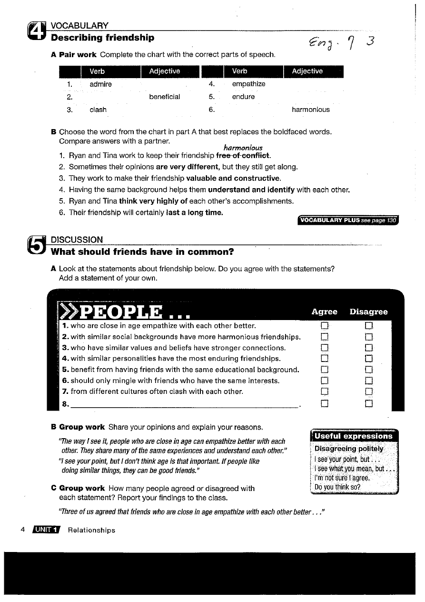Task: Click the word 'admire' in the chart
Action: point(101,84)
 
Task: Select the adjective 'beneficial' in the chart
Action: point(164,97)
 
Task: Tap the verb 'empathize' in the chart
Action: point(248,84)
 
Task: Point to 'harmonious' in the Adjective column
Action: point(310,110)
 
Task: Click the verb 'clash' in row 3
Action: point(98,110)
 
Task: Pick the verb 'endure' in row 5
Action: point(243,97)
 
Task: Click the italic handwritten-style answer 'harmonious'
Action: point(243,148)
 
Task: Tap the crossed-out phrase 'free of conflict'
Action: point(243,156)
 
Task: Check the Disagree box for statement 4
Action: point(368,359)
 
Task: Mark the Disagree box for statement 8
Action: point(368,404)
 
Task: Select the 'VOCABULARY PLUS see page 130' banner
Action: point(347,220)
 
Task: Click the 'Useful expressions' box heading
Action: point(354,436)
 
